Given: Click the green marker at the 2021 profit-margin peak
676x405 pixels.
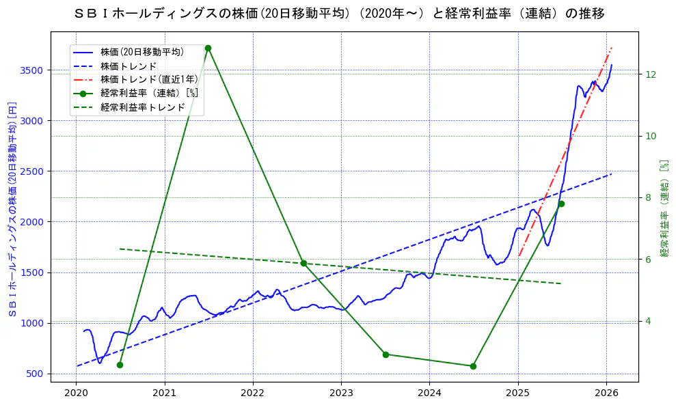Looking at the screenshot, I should click(208, 48).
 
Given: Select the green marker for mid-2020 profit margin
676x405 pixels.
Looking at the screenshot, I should click(120, 365).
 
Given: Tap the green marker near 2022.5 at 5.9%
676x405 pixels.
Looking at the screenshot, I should click(303, 263).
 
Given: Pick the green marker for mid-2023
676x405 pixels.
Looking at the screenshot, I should click(386, 354).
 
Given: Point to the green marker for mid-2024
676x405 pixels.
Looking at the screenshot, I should click(473, 366).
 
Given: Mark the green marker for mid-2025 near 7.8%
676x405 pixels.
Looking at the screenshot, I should click(561, 204).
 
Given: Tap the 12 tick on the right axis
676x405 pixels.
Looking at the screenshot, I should click(651, 74).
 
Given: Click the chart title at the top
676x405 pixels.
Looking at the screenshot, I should click(338, 13).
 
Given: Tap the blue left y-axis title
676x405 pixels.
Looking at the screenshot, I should click(12, 206).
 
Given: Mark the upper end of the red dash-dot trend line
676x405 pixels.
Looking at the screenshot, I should click(611, 48).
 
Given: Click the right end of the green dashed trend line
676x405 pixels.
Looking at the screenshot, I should click(561, 283).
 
